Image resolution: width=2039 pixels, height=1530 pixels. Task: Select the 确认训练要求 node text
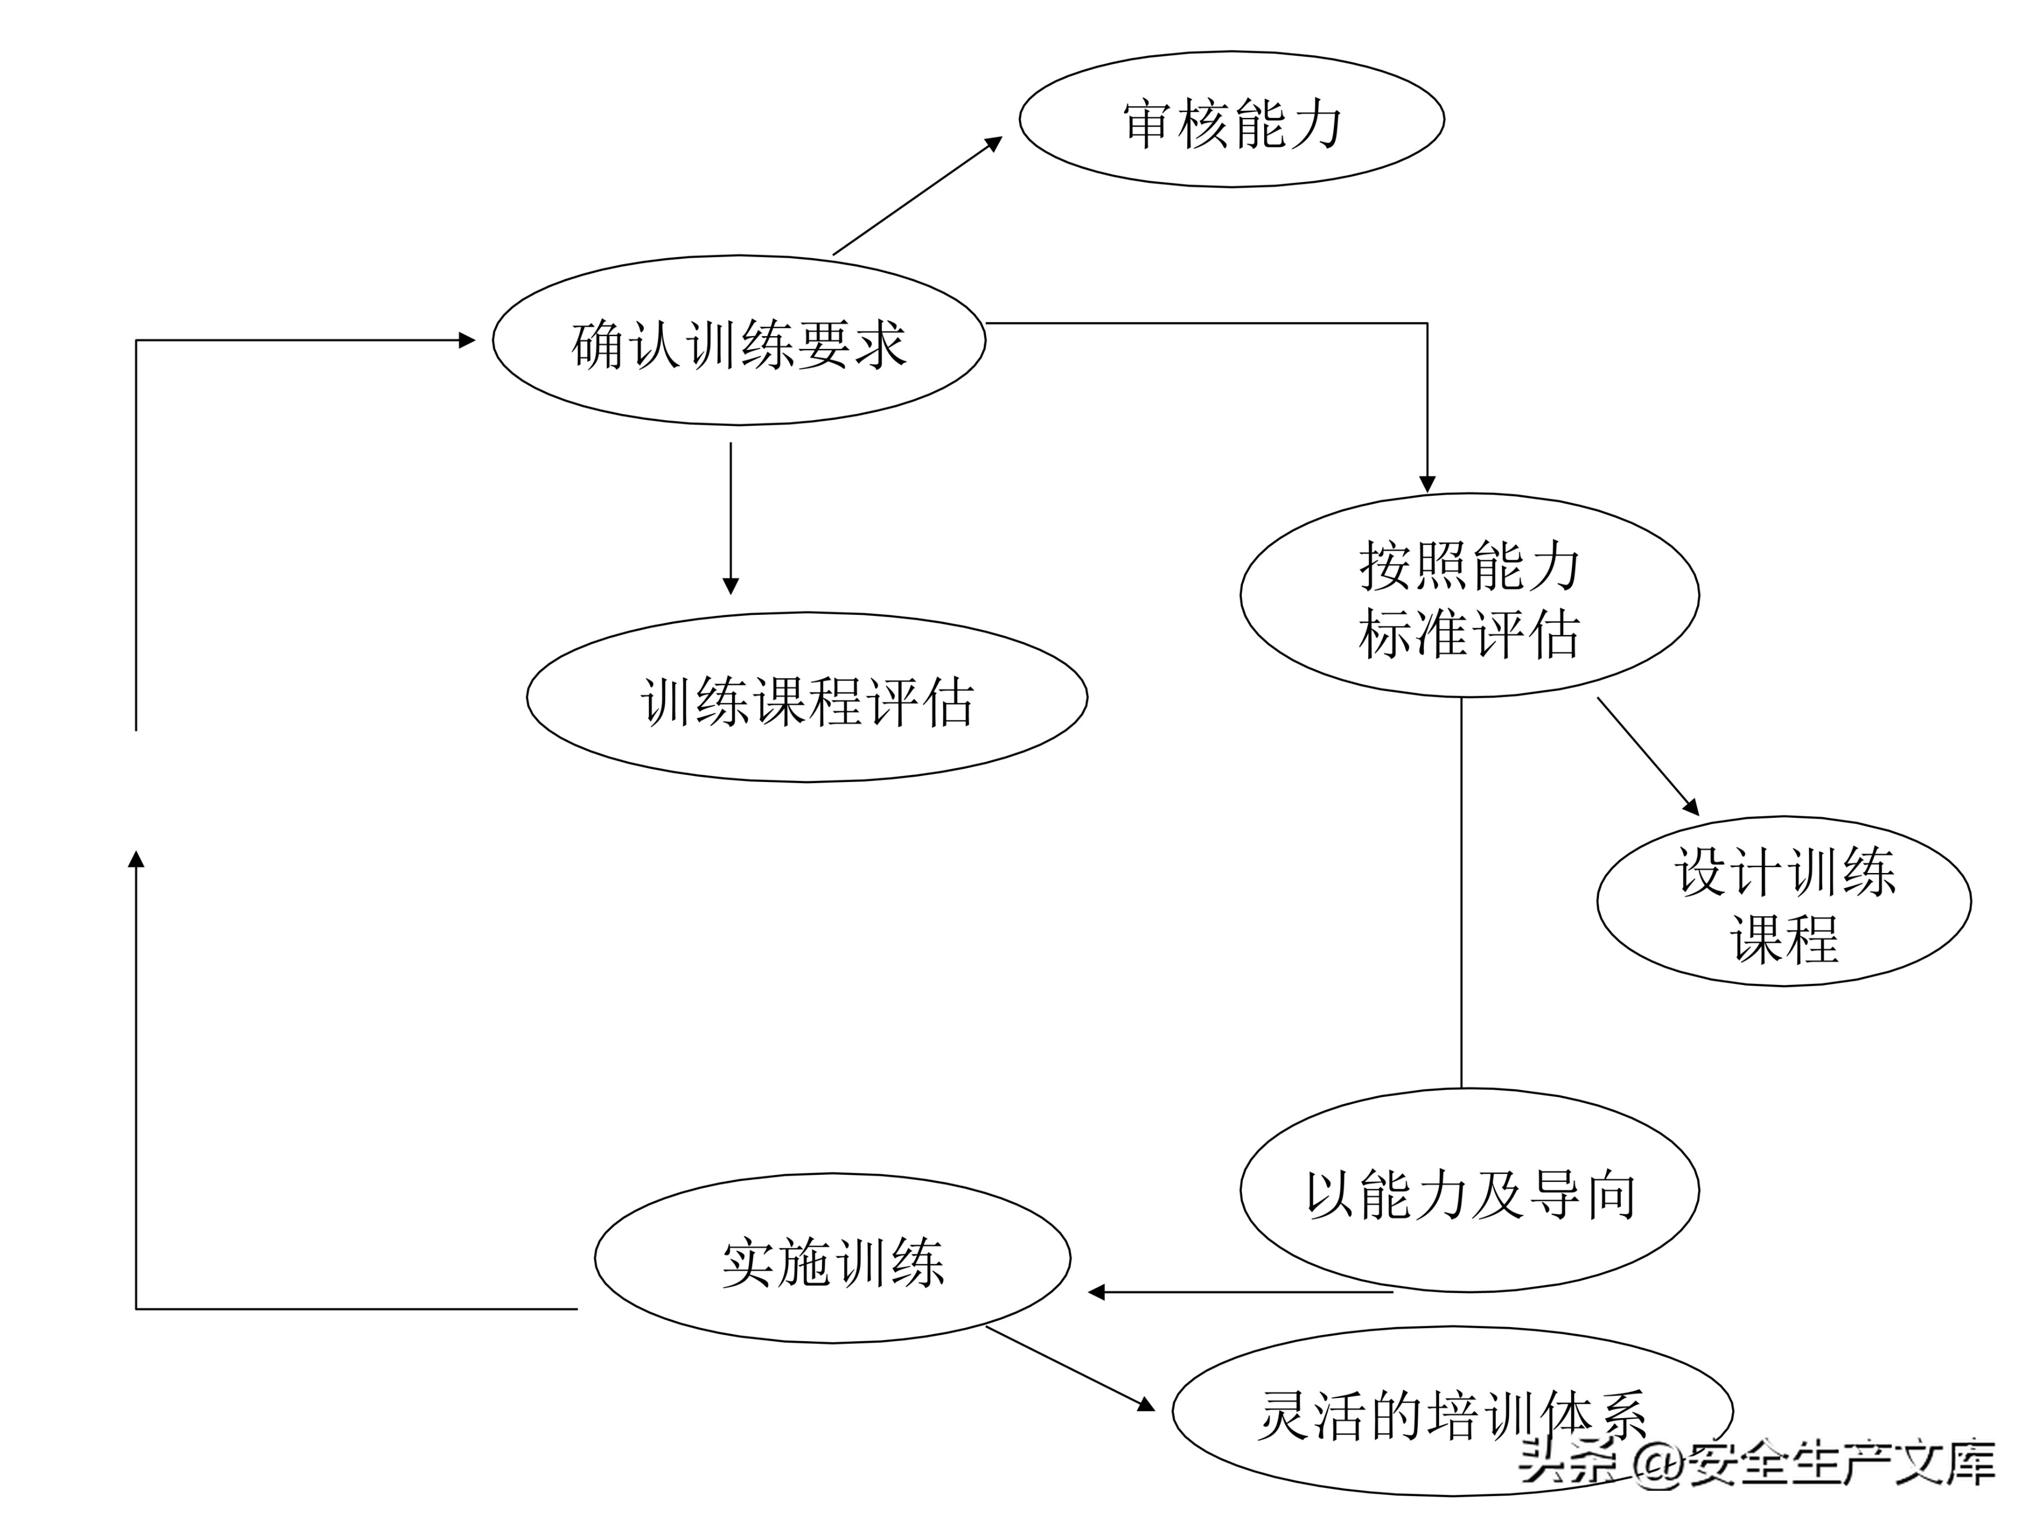pyautogui.click(x=739, y=345)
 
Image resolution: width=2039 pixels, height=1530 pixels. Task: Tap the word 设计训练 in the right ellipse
pyautogui.click(x=1784, y=871)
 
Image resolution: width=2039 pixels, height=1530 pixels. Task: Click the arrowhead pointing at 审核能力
pyautogui.click(x=994, y=143)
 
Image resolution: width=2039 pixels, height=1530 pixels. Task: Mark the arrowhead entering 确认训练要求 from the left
pyautogui.click(x=467, y=340)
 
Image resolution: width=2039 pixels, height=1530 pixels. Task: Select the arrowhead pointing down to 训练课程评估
pyautogui.click(x=731, y=587)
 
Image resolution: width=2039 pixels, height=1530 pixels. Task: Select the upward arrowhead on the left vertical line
pyautogui.click(x=136, y=859)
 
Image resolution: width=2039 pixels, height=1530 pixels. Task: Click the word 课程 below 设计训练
pyautogui.click(x=1784, y=941)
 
